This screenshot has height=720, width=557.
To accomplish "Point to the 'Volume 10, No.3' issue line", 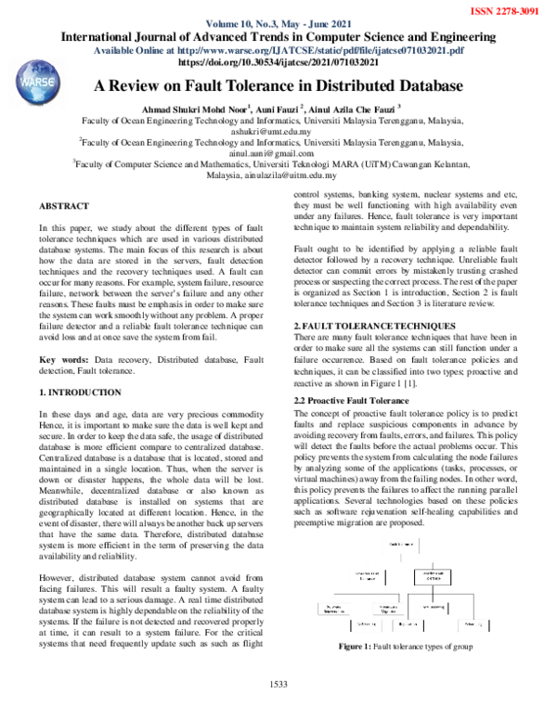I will click(x=251, y=25).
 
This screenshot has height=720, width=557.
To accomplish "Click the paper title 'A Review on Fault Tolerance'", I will click(x=278, y=85).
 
